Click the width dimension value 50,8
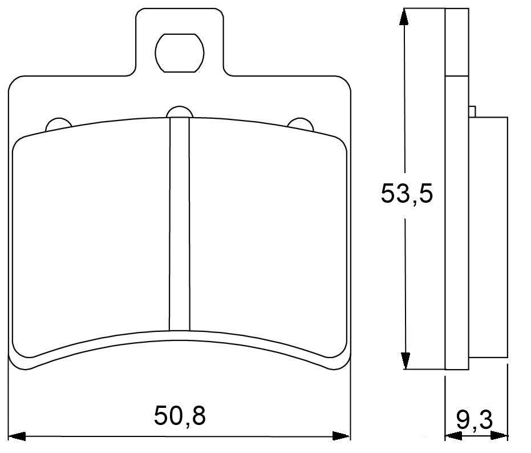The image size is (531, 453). [179, 416]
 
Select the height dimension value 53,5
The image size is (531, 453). [407, 194]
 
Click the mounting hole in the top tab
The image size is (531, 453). [179, 53]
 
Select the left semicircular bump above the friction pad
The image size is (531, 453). [58, 123]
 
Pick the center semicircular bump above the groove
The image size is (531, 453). [179, 111]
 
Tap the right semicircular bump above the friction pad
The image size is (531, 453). [300, 123]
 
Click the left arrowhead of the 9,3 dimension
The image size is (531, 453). [452, 436]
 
